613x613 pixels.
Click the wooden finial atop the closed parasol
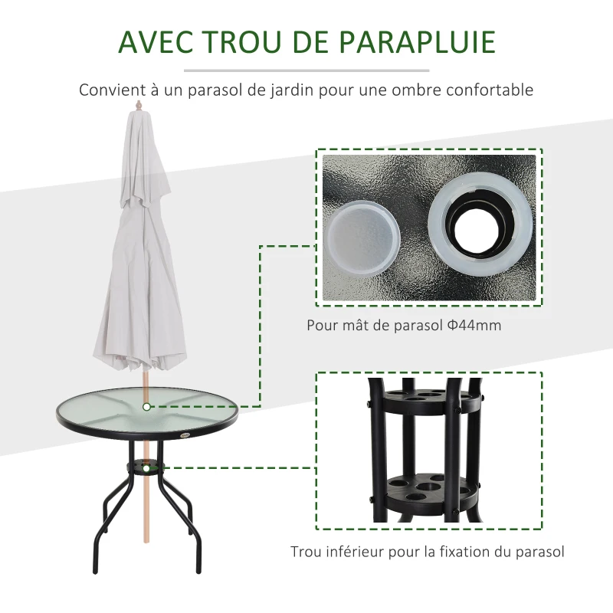coord(138,105)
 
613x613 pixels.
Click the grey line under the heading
coord(306,70)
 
